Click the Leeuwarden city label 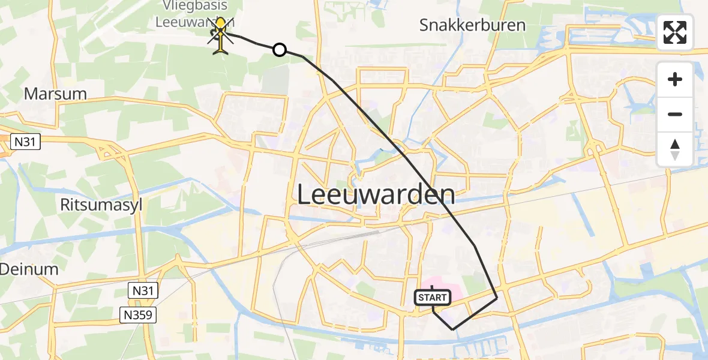click(x=376, y=195)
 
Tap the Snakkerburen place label click(x=472, y=25)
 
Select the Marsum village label click(x=55, y=94)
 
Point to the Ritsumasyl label click(x=101, y=205)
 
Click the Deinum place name click(x=29, y=269)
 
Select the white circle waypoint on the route click(x=280, y=50)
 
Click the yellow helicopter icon click(x=221, y=35)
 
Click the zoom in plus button click(x=675, y=79)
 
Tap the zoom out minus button click(x=675, y=114)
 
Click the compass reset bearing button click(x=675, y=149)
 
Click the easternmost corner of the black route click(x=497, y=297)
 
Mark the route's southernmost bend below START click(x=452, y=329)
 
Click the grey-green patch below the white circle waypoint click(x=275, y=80)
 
